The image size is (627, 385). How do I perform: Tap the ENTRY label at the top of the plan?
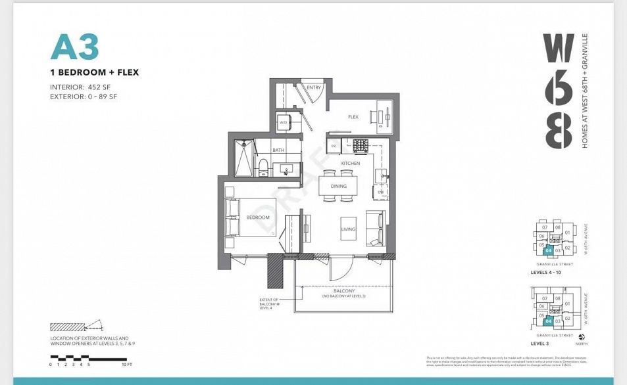pyautogui.click(x=313, y=87)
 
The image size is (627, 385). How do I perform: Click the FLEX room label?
pyautogui.click(x=353, y=117)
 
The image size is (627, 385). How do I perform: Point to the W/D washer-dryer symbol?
pyautogui.click(x=284, y=122)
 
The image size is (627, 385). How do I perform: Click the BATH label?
pyautogui.click(x=278, y=150)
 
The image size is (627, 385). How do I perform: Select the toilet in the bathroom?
pyautogui.click(x=263, y=168)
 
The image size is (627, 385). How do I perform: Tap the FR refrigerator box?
pyautogui.click(x=334, y=145)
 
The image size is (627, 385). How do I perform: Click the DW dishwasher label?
pyautogui.click(x=380, y=191)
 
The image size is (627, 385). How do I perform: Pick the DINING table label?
pyautogui.click(x=339, y=186)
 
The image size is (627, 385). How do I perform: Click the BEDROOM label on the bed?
pyautogui.click(x=258, y=217)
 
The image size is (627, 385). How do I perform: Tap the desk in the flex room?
pyautogui.click(x=382, y=116)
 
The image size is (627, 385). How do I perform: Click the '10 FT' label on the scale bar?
pyautogui.click(x=128, y=364)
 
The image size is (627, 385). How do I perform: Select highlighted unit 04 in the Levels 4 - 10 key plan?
pyautogui.click(x=548, y=250)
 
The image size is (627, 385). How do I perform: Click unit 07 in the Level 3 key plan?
pyautogui.click(x=545, y=298)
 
